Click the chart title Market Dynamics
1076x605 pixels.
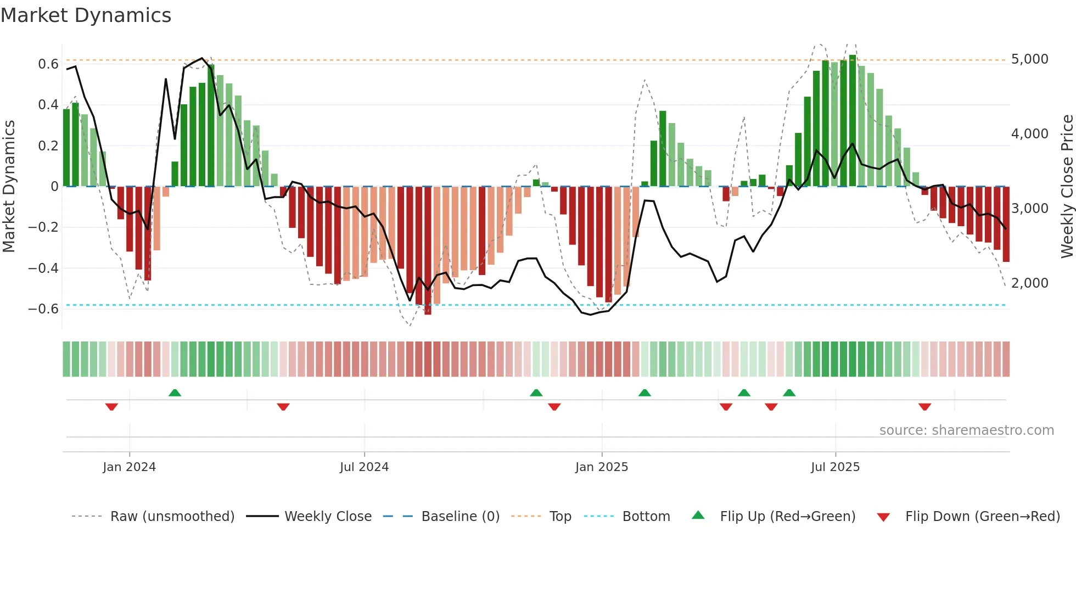tap(86, 15)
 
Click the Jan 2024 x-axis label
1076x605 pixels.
tap(129, 467)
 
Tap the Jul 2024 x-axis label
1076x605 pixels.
tap(364, 467)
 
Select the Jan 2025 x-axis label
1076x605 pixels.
tap(602, 467)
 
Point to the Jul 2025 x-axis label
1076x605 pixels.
tap(835, 467)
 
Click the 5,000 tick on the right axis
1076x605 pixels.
tap(1029, 59)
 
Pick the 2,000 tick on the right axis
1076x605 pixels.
tap(1029, 283)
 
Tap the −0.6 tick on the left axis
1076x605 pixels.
tap(43, 309)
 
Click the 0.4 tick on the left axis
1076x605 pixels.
tap(48, 105)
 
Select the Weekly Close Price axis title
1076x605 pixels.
tap(1067, 187)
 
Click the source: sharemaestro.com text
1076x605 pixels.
tap(966, 430)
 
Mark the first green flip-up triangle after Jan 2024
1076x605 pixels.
tap(175, 393)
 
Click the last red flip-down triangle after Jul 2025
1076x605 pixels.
tap(924, 407)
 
